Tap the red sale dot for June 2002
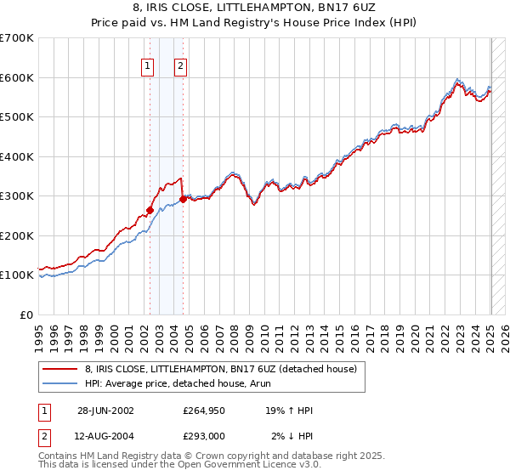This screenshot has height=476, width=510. pyautogui.click(x=150, y=210)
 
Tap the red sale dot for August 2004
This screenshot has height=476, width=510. pyautogui.click(x=183, y=200)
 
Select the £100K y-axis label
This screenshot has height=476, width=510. pyautogui.click(x=16, y=275)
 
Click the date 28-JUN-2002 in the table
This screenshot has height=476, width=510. pyautogui.click(x=105, y=410)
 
